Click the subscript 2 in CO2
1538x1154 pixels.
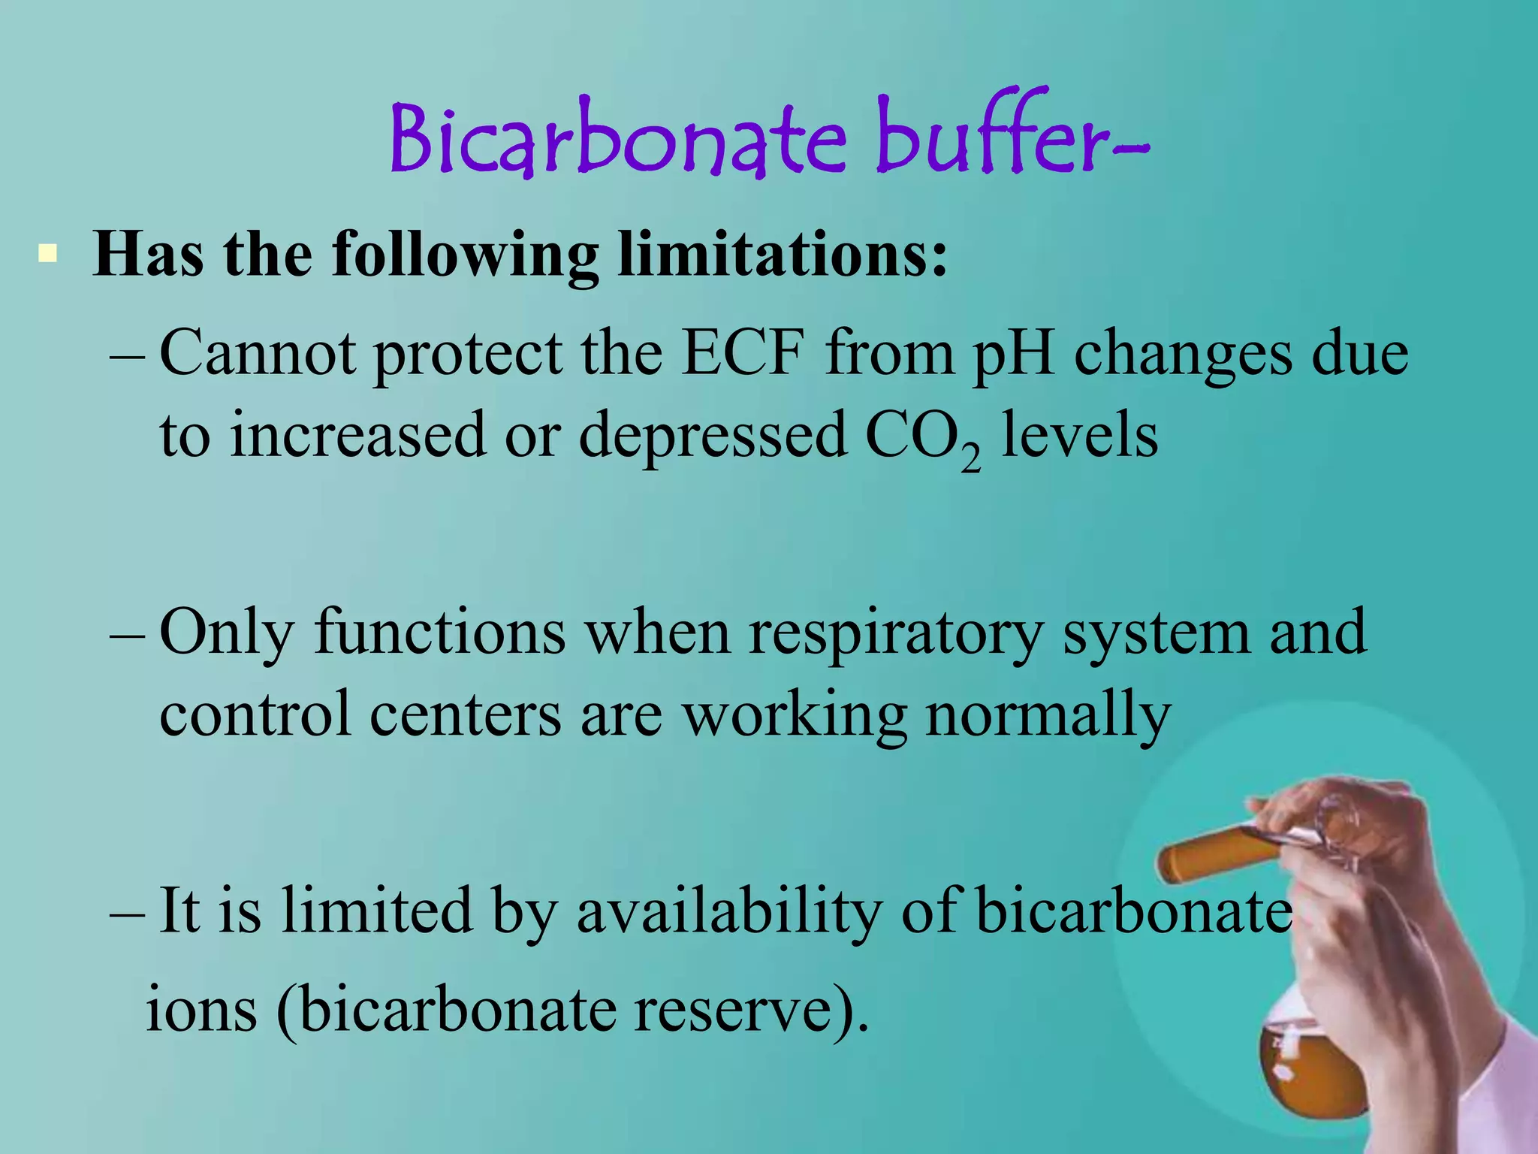[970, 458]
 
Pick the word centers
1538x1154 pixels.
[465, 714]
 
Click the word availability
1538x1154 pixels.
[728, 911]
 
